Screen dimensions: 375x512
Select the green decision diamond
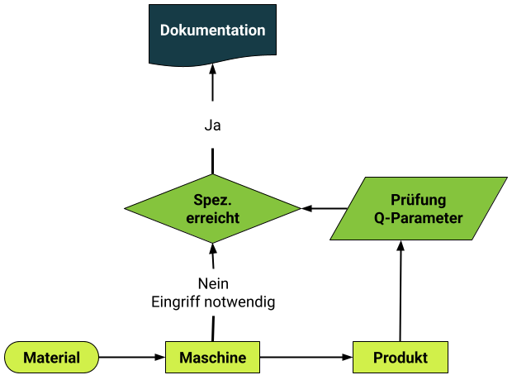[x=212, y=208]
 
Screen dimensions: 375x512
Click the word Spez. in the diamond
[x=212, y=200]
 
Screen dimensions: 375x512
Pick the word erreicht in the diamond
[x=212, y=219]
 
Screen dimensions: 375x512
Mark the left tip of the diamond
[x=127, y=208]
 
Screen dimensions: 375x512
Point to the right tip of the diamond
[x=299, y=208]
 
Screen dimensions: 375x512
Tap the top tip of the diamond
[x=213, y=175]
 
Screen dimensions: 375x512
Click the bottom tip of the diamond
[x=213, y=242]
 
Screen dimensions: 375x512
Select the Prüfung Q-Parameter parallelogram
[x=418, y=208]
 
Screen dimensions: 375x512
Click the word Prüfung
[x=418, y=200]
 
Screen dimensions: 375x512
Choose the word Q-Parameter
[x=418, y=219]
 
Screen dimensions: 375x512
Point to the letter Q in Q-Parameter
[x=378, y=219]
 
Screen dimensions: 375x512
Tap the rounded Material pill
[x=51, y=358]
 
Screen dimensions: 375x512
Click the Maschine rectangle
[x=212, y=358]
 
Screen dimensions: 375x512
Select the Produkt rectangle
[x=401, y=358]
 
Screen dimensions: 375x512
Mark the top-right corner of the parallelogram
[x=505, y=178]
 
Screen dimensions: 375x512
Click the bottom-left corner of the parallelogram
[x=332, y=239]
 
